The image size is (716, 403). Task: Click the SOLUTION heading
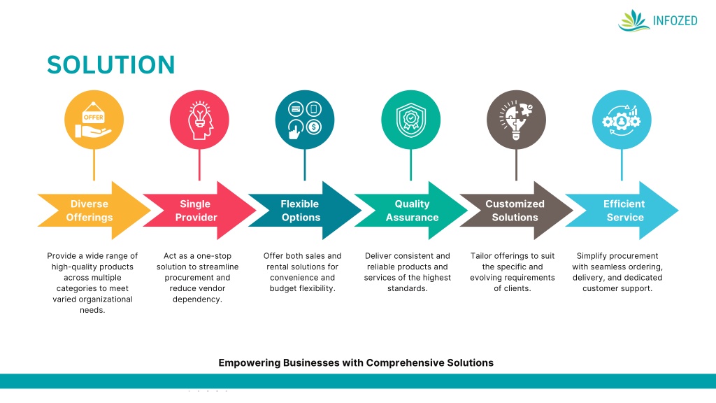tap(110, 65)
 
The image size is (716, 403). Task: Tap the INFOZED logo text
tap(675, 20)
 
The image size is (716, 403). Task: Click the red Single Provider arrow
tap(196, 211)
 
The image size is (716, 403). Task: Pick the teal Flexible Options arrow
tap(301, 211)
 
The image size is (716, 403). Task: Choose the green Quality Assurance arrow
tap(412, 211)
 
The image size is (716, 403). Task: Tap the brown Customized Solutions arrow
tap(515, 211)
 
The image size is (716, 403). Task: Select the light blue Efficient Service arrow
tap(624, 211)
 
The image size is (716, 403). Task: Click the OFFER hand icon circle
tap(94, 120)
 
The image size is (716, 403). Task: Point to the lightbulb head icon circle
tap(199, 120)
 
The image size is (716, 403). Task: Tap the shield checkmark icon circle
tap(410, 120)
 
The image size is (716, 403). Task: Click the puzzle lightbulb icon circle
tap(516, 120)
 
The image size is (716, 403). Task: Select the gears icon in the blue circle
tap(622, 120)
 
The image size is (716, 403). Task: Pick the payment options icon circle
tap(305, 120)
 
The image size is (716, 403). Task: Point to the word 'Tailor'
tap(482, 256)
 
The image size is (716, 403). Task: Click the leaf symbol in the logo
tap(633, 20)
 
